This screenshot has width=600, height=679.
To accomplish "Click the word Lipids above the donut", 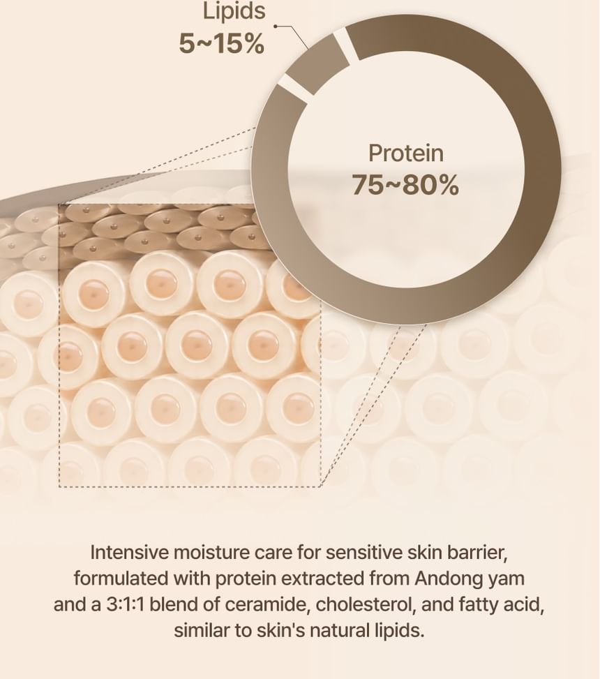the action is (x=234, y=11).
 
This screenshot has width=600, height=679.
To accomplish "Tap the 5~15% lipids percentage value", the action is (x=221, y=44).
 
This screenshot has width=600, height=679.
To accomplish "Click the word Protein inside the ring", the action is (x=406, y=154).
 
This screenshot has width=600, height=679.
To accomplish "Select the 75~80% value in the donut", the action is (x=405, y=185).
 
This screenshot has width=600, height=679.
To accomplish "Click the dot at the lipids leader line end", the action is (x=276, y=26).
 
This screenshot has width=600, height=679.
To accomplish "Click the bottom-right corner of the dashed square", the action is (x=320, y=486).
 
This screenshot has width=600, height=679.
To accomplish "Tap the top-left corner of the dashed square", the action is (x=59, y=204).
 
